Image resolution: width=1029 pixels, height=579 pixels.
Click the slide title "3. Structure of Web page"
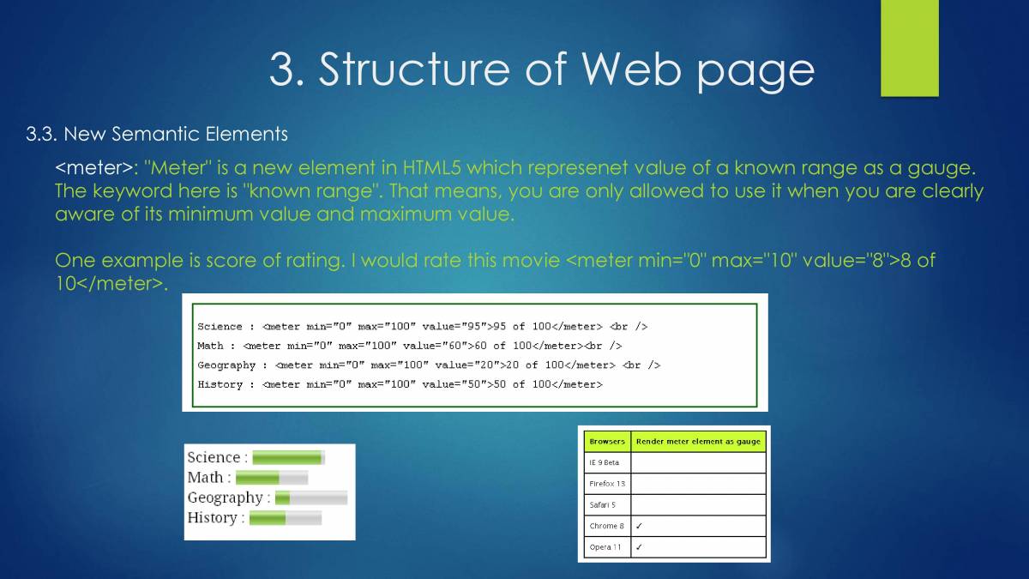541,69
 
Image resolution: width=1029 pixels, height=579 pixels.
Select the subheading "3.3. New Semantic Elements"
157,134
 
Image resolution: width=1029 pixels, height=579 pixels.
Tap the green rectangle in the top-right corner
909,48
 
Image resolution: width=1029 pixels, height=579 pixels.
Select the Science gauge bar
288,458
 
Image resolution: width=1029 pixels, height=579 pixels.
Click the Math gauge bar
271,478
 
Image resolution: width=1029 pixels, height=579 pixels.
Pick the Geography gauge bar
310,498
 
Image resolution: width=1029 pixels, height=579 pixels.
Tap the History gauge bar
285,518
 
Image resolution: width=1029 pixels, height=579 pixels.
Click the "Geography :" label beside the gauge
228,498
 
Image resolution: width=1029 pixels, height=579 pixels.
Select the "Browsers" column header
606,442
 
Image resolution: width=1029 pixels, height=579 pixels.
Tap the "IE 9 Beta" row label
604,463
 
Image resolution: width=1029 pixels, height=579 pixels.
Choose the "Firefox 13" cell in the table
607,484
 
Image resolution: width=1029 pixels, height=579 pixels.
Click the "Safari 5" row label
602,505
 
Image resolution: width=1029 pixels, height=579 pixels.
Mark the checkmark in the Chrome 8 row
639,526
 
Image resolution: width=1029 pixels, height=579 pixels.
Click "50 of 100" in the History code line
522,384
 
